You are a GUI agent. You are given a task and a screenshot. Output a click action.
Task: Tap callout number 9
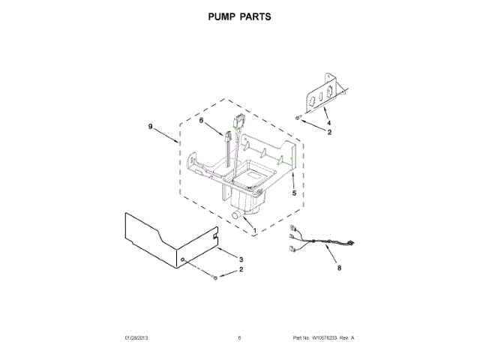coord(150,127)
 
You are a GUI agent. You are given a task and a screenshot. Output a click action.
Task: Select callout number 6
coord(201,121)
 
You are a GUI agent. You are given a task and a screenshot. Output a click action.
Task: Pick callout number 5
coord(294,193)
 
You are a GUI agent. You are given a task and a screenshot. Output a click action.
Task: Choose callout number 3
coord(241,259)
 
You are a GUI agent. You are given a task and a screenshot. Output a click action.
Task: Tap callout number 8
coord(340,266)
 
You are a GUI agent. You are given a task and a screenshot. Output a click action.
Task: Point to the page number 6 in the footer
coord(239,338)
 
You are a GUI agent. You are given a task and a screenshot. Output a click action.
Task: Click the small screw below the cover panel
coord(216,278)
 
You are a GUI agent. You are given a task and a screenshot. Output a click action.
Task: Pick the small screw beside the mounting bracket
coord(299,118)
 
